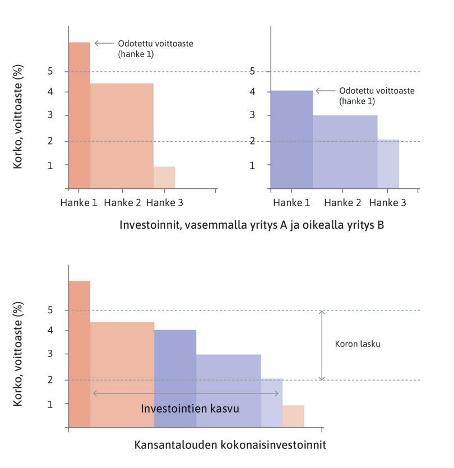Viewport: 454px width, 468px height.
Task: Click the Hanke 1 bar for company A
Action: click(x=79, y=115)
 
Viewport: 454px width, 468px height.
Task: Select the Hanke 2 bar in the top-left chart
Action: click(x=122, y=136)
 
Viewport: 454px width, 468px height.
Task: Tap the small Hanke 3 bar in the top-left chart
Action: click(x=164, y=177)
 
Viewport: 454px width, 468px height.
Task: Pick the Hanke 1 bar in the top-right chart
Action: click(x=291, y=139)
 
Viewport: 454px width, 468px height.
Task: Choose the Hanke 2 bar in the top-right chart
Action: click(x=345, y=151)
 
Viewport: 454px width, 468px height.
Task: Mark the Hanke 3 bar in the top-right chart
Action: click(x=388, y=164)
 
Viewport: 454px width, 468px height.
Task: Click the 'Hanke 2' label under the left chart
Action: click(x=122, y=203)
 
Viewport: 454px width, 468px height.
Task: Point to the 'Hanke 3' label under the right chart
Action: click(x=388, y=203)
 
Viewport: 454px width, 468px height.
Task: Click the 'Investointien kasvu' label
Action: click(x=190, y=409)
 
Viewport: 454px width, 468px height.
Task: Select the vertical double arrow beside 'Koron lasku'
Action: click(x=322, y=345)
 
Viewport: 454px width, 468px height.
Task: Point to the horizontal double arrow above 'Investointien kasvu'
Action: click(x=186, y=393)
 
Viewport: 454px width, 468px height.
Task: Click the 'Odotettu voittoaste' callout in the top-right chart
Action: click(x=376, y=96)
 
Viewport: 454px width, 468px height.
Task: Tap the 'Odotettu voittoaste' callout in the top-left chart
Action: click(x=155, y=48)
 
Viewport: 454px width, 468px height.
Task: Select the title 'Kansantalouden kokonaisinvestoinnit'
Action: click(x=230, y=445)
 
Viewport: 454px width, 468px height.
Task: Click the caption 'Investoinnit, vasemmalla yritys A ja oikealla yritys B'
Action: click(x=251, y=225)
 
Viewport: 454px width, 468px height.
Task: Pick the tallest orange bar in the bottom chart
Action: click(x=79, y=353)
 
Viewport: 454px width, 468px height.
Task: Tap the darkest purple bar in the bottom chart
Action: click(x=175, y=378)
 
